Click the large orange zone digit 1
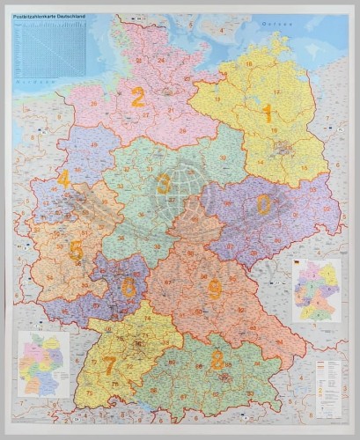click(268, 112)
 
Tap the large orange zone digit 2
click(137, 98)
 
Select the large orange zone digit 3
click(164, 184)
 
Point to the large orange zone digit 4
click(62, 180)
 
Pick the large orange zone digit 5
click(76, 251)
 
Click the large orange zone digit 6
click(129, 288)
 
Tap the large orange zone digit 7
click(110, 363)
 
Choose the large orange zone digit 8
click(217, 359)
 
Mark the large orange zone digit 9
click(214, 290)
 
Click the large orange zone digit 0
click(263, 204)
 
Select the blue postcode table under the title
click(51, 49)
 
